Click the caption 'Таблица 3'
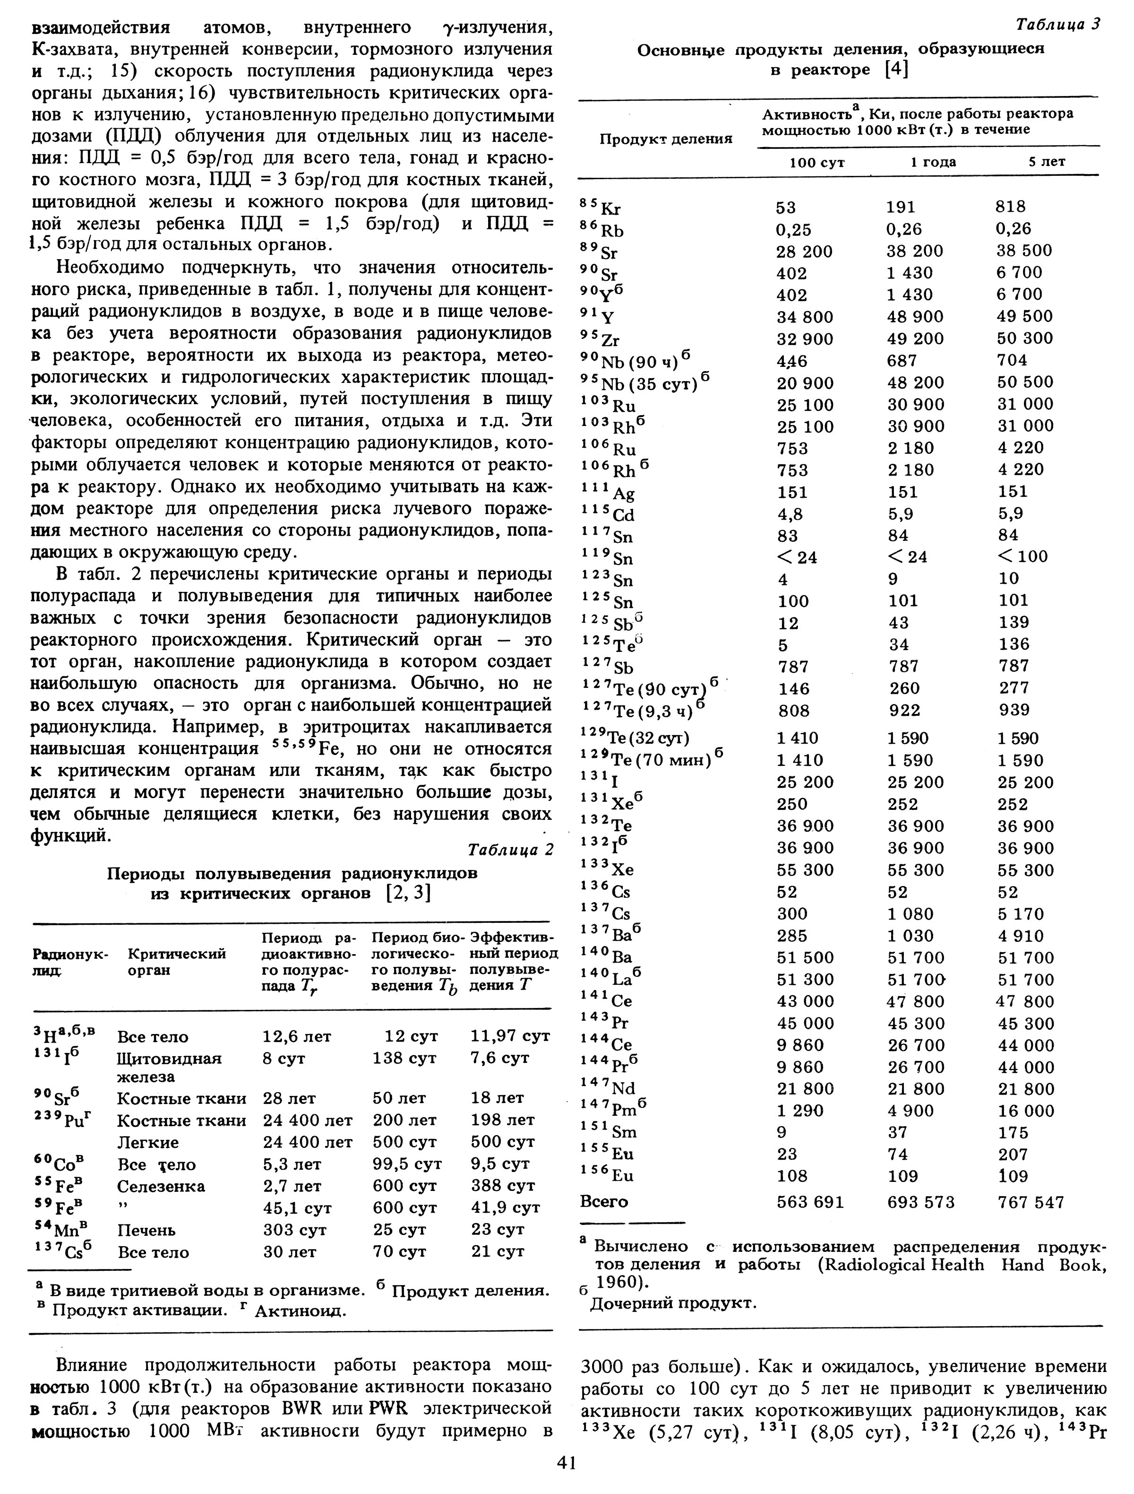coord(1058,25)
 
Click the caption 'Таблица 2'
coord(510,850)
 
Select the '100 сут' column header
coord(817,163)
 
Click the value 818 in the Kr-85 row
coord(1011,207)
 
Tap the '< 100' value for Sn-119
coord(1023,556)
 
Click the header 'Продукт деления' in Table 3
coord(666,139)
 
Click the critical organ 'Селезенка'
coord(161,1187)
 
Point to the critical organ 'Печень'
coord(146,1230)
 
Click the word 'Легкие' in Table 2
coord(148,1142)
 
